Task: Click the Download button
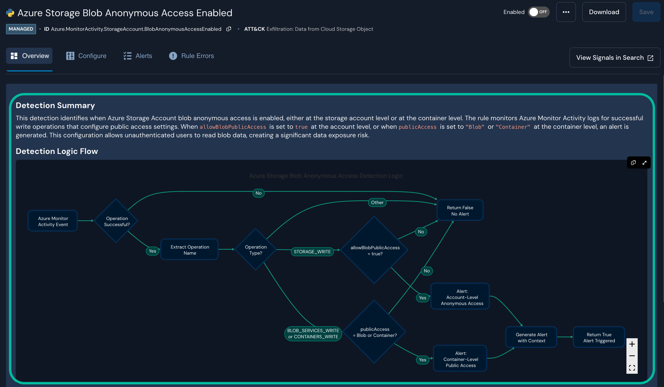604,12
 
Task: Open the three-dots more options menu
566,12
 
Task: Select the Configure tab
86,56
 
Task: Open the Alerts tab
138,56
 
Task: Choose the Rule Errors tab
192,56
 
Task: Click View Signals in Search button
614,58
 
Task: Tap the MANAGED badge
21,29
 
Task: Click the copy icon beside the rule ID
229,29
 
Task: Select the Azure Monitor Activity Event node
53,221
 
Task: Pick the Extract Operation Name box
189,250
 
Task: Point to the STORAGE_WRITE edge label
312,252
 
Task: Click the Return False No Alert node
460,211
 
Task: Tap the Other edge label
377,202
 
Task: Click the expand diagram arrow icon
644,163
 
